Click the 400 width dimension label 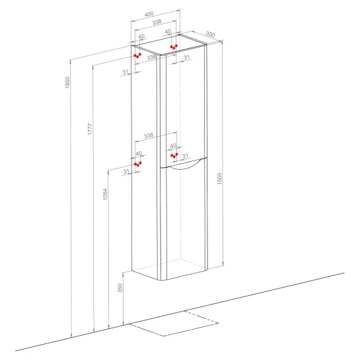point(149,14)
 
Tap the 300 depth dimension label point(210,34)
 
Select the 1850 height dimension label point(67,83)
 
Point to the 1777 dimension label point(90,129)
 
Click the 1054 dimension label point(105,194)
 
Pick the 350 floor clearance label point(120,288)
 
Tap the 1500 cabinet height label point(220,178)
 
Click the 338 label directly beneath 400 point(157,22)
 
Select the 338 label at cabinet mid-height point(149,135)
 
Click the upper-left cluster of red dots point(137,55)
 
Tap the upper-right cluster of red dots point(174,47)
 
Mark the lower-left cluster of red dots point(138,164)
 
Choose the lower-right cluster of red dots point(174,155)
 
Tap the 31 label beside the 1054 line point(126,172)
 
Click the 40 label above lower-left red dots point(139,154)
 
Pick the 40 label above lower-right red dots point(173,145)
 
